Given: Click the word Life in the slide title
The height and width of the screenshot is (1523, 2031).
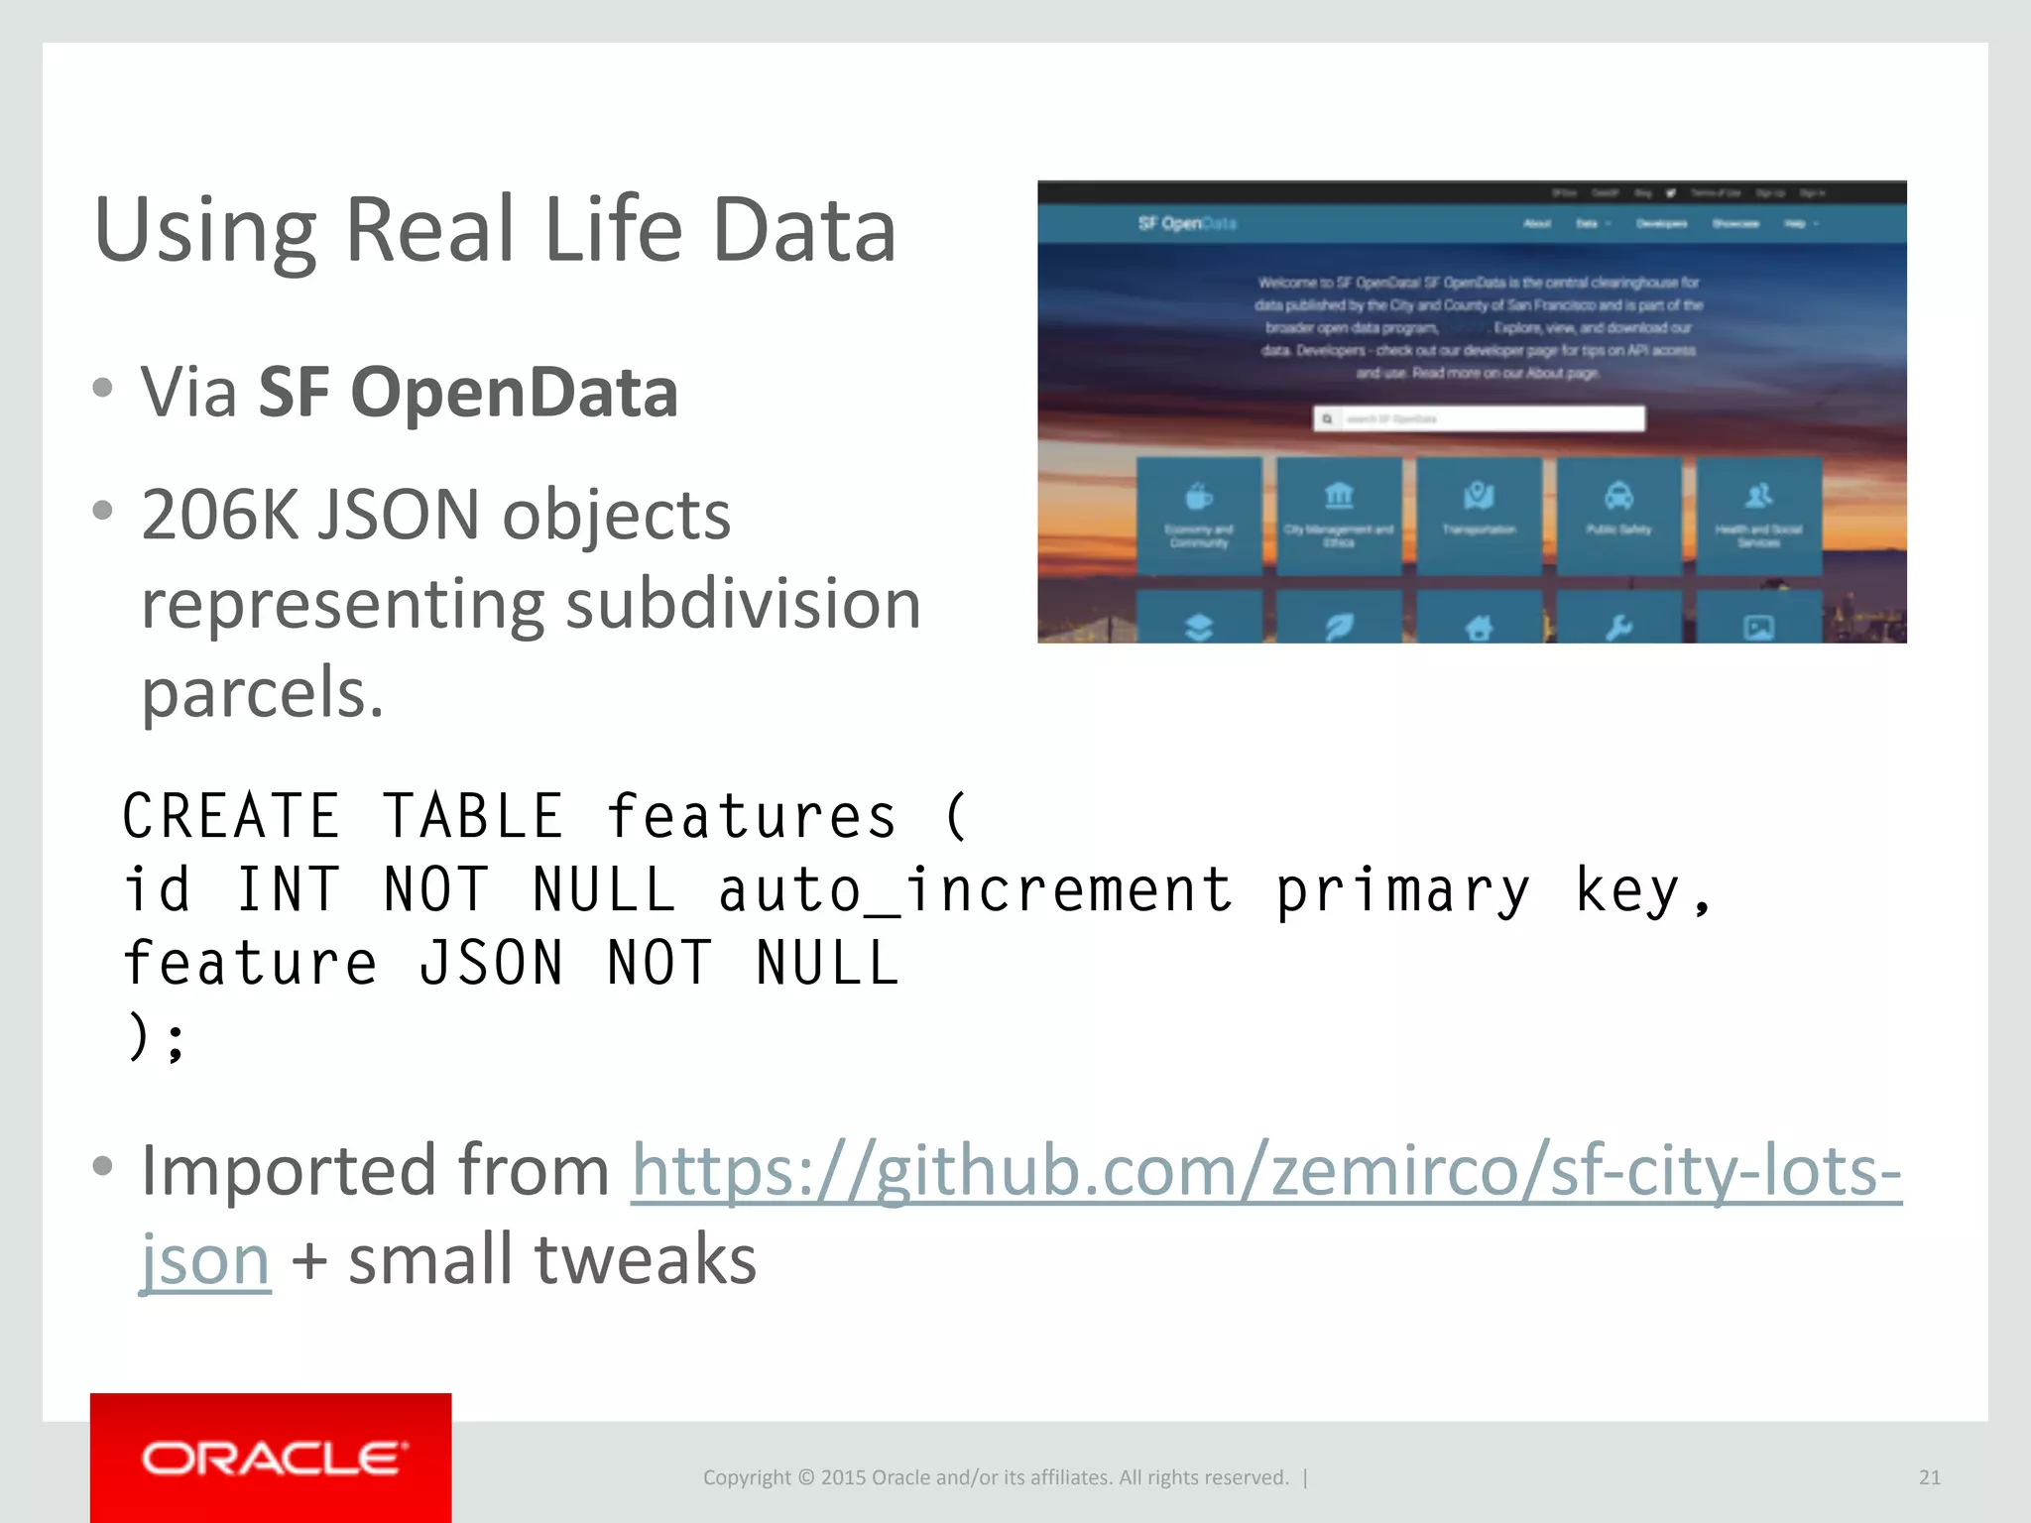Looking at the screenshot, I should tap(613, 230).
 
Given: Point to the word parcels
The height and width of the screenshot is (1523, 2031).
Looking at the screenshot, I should tap(262, 692).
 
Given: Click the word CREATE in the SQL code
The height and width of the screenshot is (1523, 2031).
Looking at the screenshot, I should tap(231, 817).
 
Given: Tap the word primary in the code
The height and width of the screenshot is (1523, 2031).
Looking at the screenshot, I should tap(1402, 890).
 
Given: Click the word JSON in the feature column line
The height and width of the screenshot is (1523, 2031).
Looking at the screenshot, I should tap(491, 964).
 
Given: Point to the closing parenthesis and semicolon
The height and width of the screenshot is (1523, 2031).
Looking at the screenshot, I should tap(157, 1037).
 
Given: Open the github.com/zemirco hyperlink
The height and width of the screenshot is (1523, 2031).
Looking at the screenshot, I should tap(1266, 1171).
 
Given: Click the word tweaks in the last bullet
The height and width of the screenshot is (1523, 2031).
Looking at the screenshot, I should tap(645, 1259).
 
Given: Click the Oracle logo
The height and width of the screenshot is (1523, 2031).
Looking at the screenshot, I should tap(271, 1458).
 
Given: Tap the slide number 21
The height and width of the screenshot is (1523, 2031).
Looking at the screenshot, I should tap(1929, 1477).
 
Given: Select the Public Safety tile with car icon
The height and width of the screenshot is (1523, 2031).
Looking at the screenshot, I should tap(1618, 514).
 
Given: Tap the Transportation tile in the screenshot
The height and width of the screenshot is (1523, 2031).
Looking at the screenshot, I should tap(1479, 514).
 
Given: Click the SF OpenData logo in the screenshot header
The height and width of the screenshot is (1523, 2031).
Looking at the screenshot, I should tap(1186, 224).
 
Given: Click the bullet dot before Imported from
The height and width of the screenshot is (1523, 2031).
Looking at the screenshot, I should tap(102, 1167).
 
